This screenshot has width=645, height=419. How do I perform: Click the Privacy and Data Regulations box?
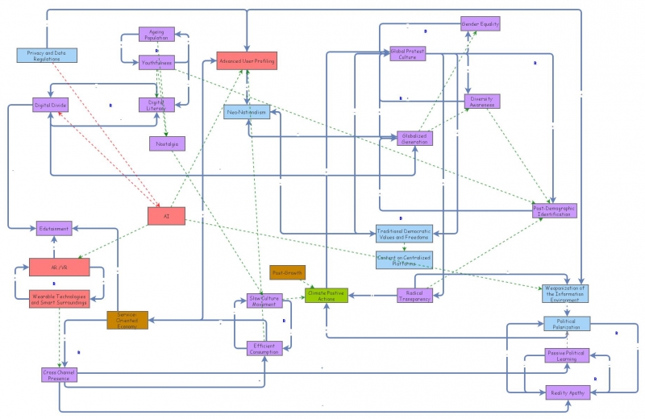click(47, 56)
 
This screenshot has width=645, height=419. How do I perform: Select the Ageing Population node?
click(156, 35)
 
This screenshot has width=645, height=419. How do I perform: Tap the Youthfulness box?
click(156, 62)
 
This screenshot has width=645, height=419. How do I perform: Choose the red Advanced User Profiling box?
click(248, 61)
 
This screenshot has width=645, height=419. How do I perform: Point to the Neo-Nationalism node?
click(247, 112)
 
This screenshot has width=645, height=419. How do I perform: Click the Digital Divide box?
click(50, 106)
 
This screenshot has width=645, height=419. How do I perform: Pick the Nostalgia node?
click(166, 143)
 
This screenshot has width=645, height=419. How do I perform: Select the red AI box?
click(167, 216)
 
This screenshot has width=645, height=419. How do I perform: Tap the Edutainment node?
click(53, 228)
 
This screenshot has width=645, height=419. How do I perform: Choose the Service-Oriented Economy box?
click(127, 320)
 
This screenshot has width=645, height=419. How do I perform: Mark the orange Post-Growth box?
click(287, 272)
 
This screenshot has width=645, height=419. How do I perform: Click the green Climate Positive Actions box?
click(326, 295)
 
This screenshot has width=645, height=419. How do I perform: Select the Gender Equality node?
click(481, 24)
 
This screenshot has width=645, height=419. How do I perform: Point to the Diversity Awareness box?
click(481, 102)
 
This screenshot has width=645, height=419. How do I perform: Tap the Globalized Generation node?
click(414, 138)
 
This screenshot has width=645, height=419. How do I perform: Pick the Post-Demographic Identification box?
click(555, 210)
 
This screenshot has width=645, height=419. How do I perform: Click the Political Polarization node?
click(565, 324)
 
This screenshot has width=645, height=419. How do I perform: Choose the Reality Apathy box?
click(568, 392)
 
